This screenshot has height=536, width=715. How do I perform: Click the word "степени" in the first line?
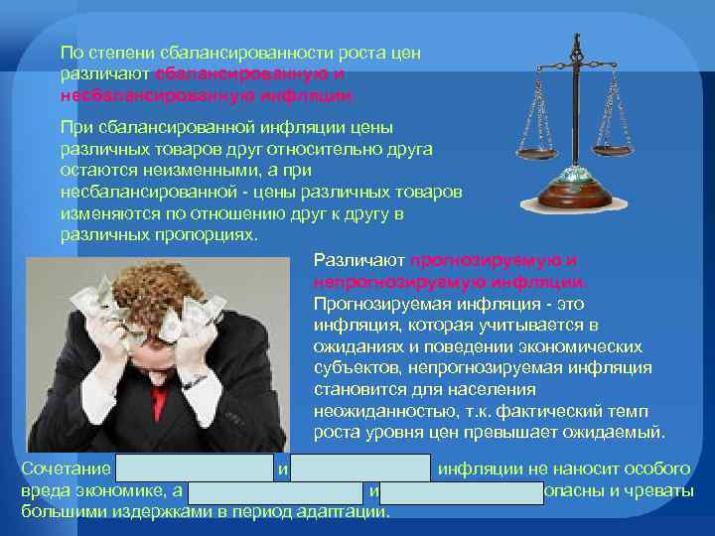tap(117, 52)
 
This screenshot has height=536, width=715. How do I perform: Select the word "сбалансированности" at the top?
tap(225, 52)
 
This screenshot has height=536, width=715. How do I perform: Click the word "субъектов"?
tap(355, 368)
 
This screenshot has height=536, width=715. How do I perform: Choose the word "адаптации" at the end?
tap(350, 512)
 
